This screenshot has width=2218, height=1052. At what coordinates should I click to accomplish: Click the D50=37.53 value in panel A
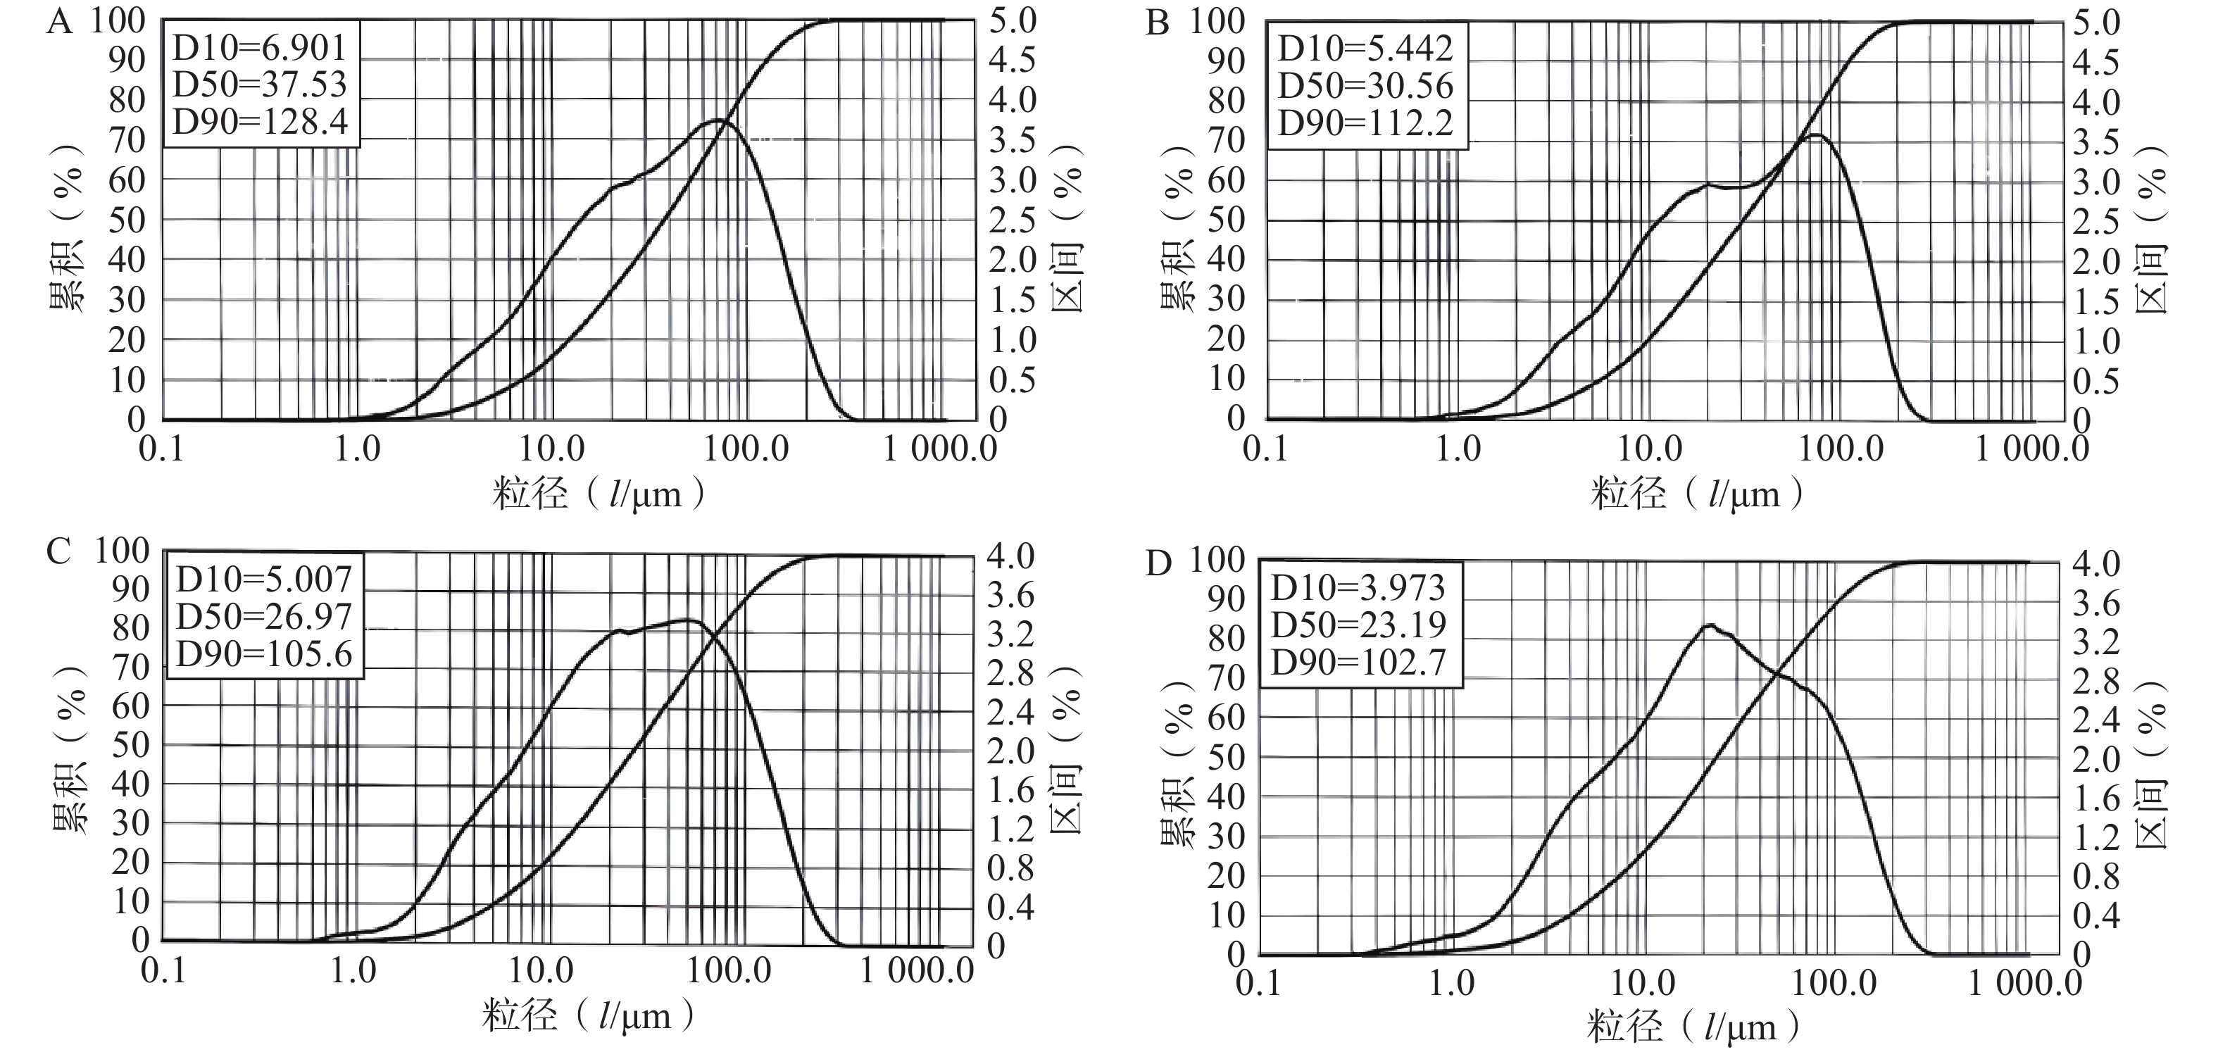[259, 84]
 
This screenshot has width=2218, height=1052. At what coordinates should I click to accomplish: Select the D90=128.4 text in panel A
[260, 123]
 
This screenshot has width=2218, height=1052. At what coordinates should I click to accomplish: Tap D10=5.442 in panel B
[1365, 48]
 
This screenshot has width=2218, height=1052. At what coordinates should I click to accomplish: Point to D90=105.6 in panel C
[264, 655]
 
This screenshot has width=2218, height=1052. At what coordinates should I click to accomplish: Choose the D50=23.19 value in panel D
[1359, 624]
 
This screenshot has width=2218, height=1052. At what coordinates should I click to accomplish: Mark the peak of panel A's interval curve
[720, 120]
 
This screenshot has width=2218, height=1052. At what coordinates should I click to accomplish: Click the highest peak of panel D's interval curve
[1708, 625]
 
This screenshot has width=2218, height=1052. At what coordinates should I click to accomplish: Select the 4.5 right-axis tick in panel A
[1012, 61]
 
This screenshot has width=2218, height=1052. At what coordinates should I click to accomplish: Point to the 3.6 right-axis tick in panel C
[1010, 595]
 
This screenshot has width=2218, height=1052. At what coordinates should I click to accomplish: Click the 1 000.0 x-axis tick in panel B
[2031, 449]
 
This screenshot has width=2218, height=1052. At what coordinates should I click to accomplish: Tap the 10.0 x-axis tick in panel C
[541, 971]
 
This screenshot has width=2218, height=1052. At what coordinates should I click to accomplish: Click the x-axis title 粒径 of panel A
[530, 494]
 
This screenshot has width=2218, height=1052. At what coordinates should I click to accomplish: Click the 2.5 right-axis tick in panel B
[2095, 222]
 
